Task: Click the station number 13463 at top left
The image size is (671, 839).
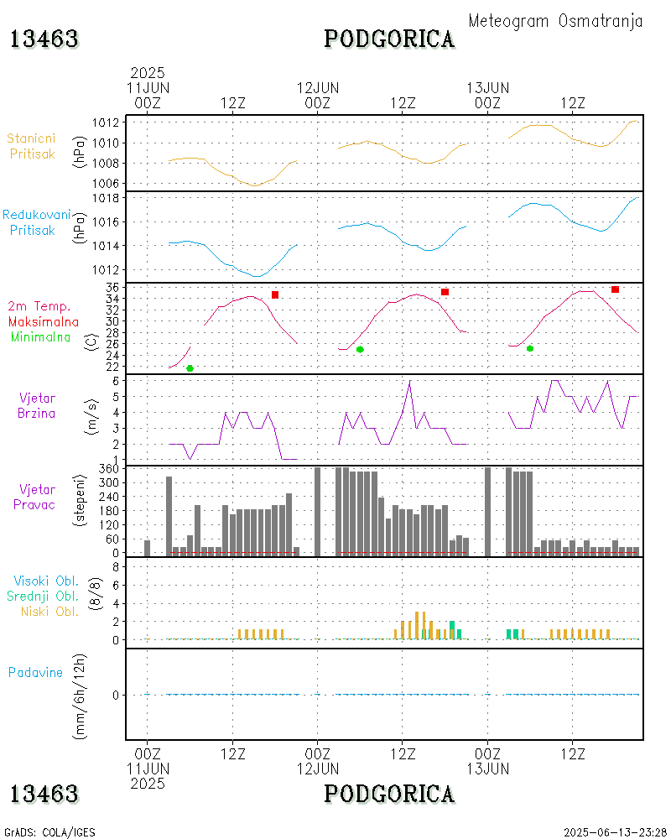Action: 44,39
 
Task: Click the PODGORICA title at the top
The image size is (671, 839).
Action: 389,39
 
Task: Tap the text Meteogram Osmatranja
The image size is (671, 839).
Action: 555,22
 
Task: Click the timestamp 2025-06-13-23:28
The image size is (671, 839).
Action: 615,832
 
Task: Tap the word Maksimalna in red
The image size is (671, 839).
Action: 44,321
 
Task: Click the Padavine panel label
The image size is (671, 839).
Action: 35,672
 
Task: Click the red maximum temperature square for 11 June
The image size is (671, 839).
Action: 275,294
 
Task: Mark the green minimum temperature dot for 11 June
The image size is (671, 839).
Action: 190,368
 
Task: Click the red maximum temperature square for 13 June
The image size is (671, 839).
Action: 615,289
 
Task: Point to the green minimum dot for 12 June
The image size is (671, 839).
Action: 360,349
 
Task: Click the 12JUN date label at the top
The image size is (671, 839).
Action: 318,87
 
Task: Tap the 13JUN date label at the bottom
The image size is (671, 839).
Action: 488,769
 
